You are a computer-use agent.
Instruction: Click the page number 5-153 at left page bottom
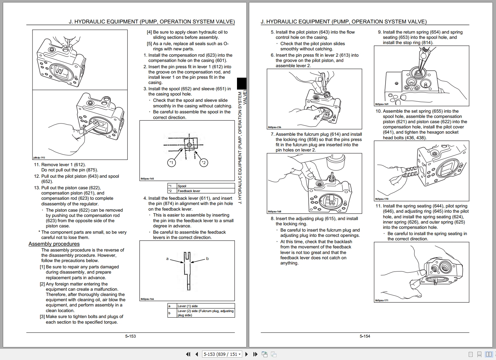click(130, 336)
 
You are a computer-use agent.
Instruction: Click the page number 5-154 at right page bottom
click(365, 336)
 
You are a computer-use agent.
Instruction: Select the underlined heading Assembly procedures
click(54, 244)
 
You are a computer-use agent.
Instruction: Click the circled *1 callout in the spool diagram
click(171, 163)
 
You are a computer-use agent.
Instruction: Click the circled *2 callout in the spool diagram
click(204, 163)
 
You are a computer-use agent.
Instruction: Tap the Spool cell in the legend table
click(182, 186)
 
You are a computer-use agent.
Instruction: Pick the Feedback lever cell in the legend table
click(189, 191)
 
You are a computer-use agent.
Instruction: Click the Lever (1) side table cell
click(188, 306)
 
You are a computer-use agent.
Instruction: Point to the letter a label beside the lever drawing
click(167, 259)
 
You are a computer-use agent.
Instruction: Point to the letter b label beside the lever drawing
click(207, 259)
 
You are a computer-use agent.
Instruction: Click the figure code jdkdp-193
click(39, 158)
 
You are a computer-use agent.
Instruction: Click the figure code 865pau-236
click(274, 127)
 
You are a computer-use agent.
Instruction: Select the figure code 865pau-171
click(381, 300)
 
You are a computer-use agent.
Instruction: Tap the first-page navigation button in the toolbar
click(188, 354)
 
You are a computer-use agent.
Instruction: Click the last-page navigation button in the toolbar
click(255, 354)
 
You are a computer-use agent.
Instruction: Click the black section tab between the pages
click(242, 83)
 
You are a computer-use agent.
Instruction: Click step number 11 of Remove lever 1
click(37, 165)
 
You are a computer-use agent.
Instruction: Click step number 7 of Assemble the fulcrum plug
click(273, 134)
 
